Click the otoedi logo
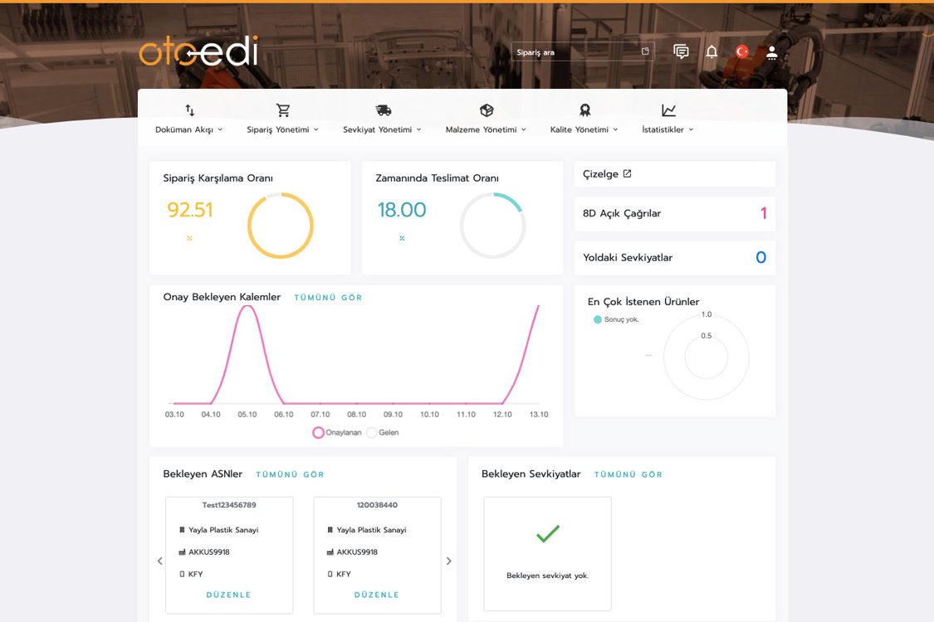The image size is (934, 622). (198, 51)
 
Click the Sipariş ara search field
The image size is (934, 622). (583, 52)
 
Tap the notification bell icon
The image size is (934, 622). (712, 52)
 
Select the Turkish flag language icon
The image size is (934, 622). (741, 52)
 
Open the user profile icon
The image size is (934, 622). (772, 52)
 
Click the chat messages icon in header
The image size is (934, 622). (681, 52)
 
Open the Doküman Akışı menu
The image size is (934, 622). (188, 129)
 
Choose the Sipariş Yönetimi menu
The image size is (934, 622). (282, 129)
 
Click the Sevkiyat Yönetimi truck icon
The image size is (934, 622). (383, 110)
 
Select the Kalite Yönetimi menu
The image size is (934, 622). (584, 129)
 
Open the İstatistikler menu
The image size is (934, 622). (667, 129)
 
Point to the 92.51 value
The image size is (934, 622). (190, 210)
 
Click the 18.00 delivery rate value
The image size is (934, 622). (402, 210)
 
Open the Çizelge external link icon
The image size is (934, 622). (628, 174)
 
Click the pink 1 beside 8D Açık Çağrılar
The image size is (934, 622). (763, 213)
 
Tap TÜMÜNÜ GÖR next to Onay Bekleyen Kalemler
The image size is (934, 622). (328, 298)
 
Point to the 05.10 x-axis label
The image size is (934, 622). (247, 415)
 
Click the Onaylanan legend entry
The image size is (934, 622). (337, 433)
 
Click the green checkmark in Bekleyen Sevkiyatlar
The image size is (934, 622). (548, 533)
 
